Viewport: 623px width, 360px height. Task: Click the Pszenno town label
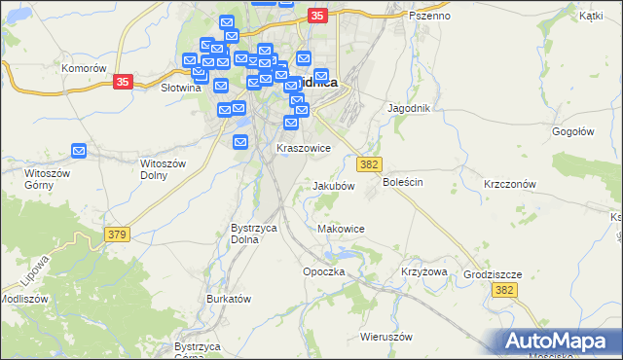click(429, 16)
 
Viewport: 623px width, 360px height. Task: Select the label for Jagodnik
click(409, 108)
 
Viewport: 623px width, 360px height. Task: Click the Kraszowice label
click(304, 148)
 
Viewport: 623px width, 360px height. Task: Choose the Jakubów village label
click(333, 185)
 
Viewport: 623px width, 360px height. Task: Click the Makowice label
click(341, 229)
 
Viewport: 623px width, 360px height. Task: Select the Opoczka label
click(324, 271)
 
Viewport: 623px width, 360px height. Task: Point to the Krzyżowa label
click(423, 271)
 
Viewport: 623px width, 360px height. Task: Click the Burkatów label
click(230, 299)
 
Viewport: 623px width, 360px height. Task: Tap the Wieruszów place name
click(386, 337)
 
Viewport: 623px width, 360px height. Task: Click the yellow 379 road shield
click(118, 234)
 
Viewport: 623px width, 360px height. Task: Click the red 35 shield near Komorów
click(122, 83)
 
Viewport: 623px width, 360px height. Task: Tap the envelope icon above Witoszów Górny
click(79, 151)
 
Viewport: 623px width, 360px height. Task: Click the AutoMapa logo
click(559, 341)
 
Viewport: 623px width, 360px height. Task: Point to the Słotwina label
click(180, 87)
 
